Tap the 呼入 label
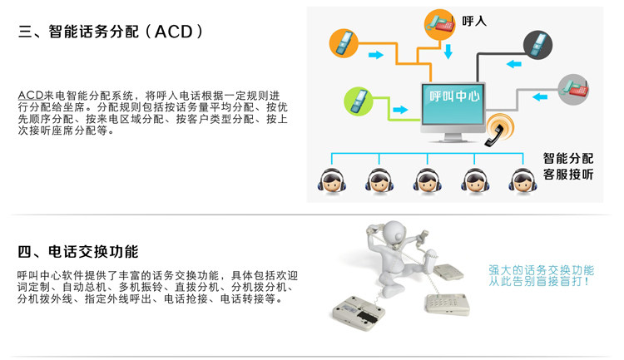(474, 21)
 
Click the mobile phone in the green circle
(358, 101)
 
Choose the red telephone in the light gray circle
(572, 88)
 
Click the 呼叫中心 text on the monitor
(454, 96)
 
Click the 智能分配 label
(568, 158)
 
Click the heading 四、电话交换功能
(78, 252)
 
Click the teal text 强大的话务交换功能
(541, 270)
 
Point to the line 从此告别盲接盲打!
(541, 282)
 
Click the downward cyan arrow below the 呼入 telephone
(448, 52)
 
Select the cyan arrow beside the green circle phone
(400, 109)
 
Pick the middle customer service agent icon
(427, 179)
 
